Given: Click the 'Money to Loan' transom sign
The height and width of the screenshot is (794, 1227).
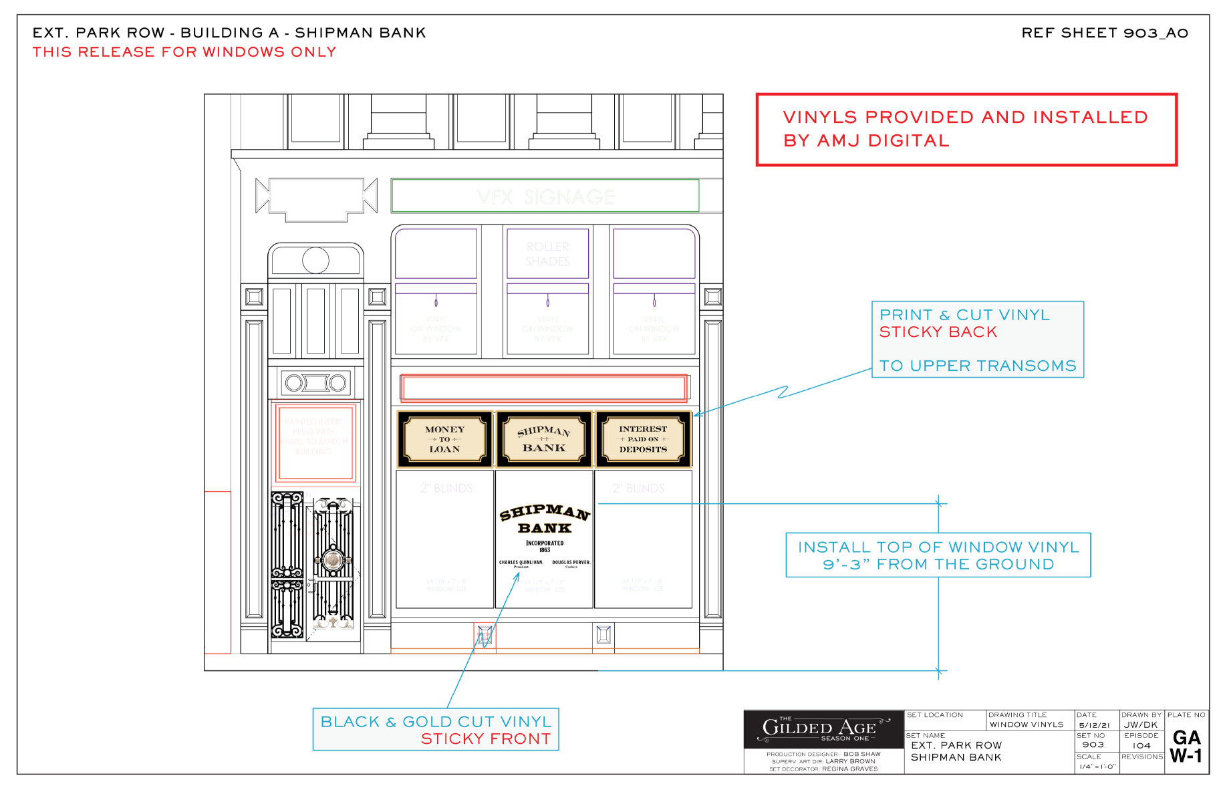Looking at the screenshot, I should [445, 439].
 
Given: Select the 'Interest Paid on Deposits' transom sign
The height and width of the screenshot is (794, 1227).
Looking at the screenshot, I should [643, 439].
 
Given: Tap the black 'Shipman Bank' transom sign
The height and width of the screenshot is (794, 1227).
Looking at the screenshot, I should [544, 439].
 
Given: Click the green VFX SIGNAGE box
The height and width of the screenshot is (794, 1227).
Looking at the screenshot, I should [545, 196].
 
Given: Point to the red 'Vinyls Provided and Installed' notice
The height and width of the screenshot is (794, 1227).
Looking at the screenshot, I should [966, 129].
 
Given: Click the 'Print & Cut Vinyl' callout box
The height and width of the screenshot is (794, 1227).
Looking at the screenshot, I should [977, 340].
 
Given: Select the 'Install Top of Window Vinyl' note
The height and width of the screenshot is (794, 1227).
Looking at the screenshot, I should [938, 555].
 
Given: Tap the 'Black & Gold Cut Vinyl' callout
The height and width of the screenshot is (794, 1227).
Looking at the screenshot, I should [436, 730].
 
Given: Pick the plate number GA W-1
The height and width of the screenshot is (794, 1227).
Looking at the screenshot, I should [1186, 747].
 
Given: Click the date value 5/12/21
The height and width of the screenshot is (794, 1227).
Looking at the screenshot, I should [1094, 725].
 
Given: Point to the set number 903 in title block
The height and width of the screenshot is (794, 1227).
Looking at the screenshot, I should [1093, 745].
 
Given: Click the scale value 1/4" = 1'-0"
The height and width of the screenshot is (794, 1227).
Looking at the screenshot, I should [1097, 767].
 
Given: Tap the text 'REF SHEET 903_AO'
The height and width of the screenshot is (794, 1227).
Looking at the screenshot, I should [1104, 33].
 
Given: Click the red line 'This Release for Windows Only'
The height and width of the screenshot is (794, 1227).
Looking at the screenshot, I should [184, 52].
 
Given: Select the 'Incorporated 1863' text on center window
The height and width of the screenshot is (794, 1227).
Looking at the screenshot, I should [545, 547].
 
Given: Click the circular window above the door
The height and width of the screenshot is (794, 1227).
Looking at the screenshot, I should [315, 260].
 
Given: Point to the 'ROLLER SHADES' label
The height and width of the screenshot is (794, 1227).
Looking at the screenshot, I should [547, 254].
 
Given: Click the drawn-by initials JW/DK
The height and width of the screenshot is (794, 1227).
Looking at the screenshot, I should [1140, 725].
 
